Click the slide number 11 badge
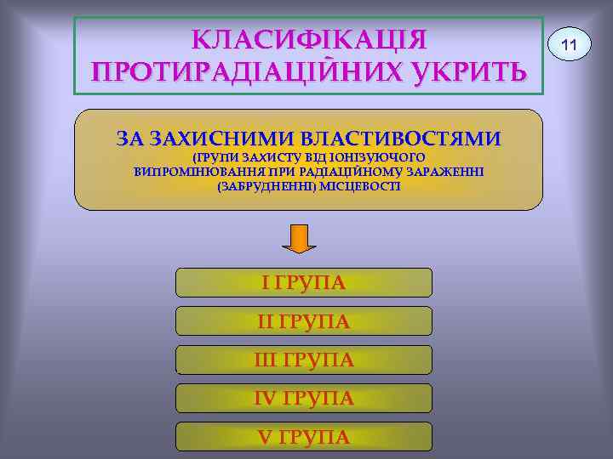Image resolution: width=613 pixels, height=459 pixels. tap(570, 42)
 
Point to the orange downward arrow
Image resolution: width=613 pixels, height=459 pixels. tap(299, 238)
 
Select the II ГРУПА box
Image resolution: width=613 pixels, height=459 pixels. tap(304, 321)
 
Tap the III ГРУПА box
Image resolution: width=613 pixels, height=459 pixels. tap(304, 360)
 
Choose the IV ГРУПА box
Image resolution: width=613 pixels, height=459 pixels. tap(304, 398)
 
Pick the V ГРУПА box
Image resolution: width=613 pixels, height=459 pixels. tap(304, 436)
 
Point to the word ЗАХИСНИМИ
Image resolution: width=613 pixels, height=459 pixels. tap(226, 138)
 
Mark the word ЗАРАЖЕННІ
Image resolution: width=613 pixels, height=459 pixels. tap(444, 172)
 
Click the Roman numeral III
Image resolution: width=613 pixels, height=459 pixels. tap(266, 360)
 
